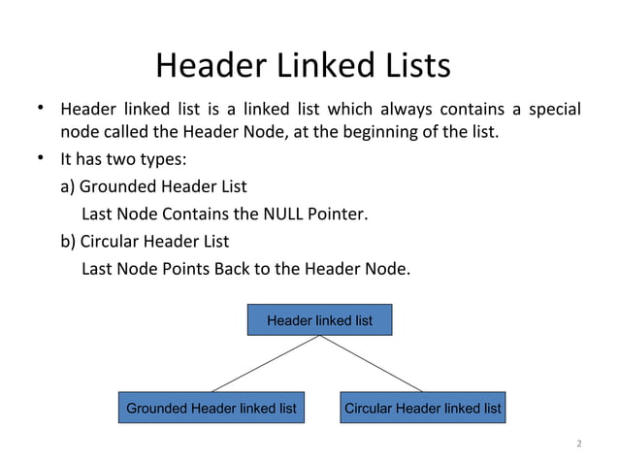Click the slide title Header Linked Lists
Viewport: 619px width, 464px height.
coord(303,65)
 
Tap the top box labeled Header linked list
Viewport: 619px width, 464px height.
coord(319,319)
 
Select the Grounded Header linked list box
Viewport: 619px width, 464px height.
coord(212,409)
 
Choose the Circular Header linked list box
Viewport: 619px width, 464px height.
coord(423,409)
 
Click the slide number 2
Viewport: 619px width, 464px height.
coord(578,445)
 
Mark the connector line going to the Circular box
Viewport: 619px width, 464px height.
coord(374,365)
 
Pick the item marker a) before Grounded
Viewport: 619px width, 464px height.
coord(68,186)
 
